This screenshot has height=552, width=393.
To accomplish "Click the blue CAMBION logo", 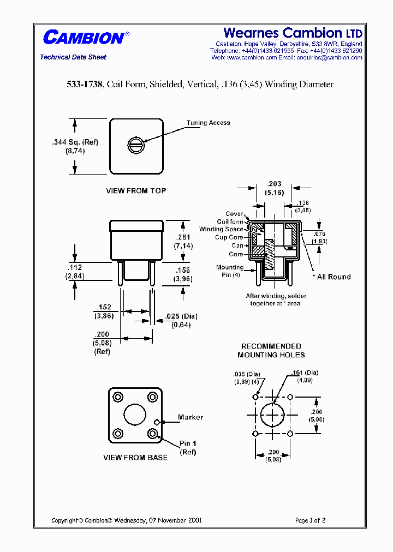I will point(84,38).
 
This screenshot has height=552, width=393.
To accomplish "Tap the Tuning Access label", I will point(208,123).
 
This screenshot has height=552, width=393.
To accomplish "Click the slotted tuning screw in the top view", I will point(136,145).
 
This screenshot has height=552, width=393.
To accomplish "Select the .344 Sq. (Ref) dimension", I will point(75,142).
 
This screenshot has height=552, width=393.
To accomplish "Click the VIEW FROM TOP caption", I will point(136,191).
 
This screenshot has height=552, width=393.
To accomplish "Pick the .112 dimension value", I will point(74,267).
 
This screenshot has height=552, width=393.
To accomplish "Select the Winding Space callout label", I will point(221,230).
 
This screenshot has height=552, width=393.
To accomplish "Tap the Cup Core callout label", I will point(229,238).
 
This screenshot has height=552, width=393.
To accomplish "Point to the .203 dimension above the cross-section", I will point(275,184).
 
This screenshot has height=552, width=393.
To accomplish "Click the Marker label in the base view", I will point(190,417).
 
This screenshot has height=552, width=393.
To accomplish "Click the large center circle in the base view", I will point(135,415).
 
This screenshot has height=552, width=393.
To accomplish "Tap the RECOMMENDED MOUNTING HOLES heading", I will point(271,350).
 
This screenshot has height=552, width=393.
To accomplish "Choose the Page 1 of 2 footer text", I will point(310,520).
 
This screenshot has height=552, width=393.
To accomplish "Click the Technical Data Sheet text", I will point(73,57).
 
